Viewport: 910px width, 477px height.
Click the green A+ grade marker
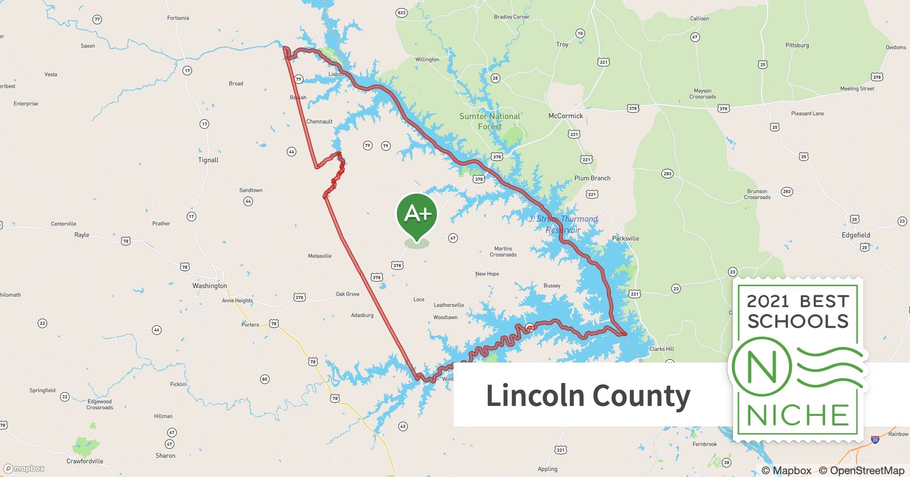point(417,216)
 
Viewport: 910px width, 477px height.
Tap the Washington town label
point(210,286)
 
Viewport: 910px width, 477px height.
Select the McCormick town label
point(566,116)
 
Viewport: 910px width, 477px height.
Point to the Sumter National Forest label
point(489,121)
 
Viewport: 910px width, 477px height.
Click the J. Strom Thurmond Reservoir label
point(563,224)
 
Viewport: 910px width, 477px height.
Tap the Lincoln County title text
point(587,395)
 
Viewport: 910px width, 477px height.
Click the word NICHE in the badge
point(798,415)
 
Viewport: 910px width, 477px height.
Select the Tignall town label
point(208,160)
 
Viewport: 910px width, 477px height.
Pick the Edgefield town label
point(856,235)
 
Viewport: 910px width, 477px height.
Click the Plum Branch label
point(592,178)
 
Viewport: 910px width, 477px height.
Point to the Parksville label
point(625,238)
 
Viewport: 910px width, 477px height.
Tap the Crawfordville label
point(85,461)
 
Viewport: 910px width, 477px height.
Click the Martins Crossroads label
point(503,251)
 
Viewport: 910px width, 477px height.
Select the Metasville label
point(320,256)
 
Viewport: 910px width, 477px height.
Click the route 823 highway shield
point(402,12)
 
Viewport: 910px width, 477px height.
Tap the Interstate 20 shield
point(875,440)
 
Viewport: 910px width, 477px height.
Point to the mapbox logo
point(24,469)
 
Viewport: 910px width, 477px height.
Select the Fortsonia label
point(178,18)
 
